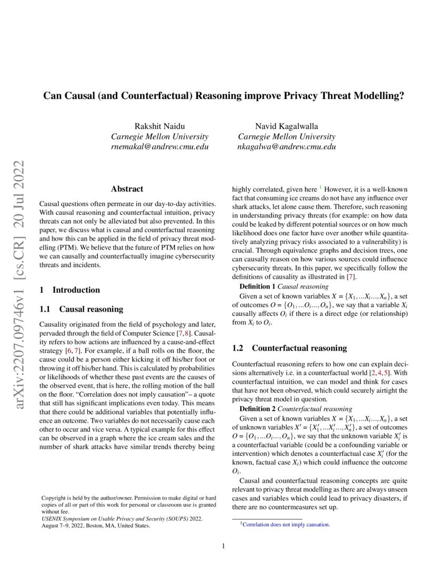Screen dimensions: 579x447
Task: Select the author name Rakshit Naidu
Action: coord(159,125)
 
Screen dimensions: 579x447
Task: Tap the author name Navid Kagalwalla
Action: coord(287,125)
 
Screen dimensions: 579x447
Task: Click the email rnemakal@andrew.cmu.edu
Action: coord(159,147)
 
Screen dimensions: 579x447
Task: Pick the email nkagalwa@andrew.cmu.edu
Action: coord(287,147)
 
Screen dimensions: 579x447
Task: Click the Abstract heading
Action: coord(127,188)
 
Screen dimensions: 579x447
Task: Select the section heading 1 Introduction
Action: coord(70,289)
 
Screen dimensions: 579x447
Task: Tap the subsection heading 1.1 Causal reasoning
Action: coord(82,309)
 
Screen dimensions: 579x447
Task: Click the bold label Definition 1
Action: coord(257,286)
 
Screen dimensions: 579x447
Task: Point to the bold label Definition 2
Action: coord(257,408)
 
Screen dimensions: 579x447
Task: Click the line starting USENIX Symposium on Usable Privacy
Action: coord(121,518)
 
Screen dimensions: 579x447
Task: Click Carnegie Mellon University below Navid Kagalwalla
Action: coord(287,136)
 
